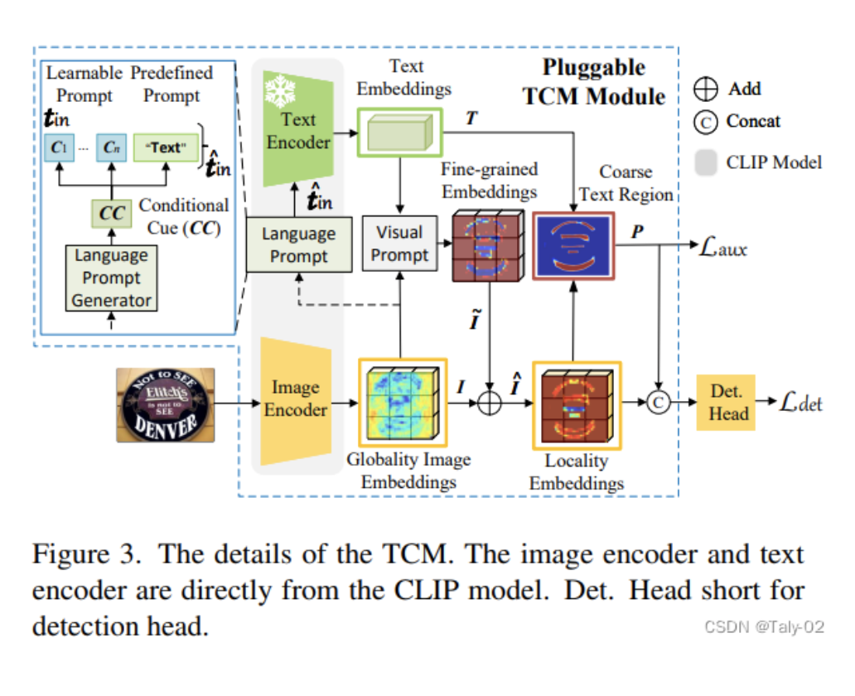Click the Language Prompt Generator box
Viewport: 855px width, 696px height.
(112, 278)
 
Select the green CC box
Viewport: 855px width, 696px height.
(112, 214)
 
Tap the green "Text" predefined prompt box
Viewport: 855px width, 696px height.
(165, 147)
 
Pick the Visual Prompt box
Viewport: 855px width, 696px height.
(399, 244)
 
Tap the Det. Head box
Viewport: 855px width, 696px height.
(728, 402)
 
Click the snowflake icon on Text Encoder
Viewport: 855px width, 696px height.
(279, 92)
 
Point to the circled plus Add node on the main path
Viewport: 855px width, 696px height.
(490, 403)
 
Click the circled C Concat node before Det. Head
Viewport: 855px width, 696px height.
(658, 403)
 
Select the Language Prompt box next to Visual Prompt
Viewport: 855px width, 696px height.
(298, 244)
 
